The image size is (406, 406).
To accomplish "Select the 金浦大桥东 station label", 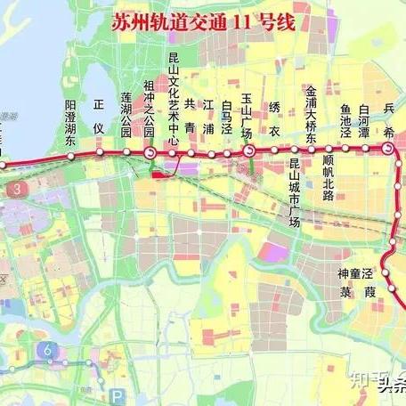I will [311, 113].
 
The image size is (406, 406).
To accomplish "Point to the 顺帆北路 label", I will [328, 184].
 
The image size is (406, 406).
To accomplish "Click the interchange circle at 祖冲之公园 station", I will [150, 154].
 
